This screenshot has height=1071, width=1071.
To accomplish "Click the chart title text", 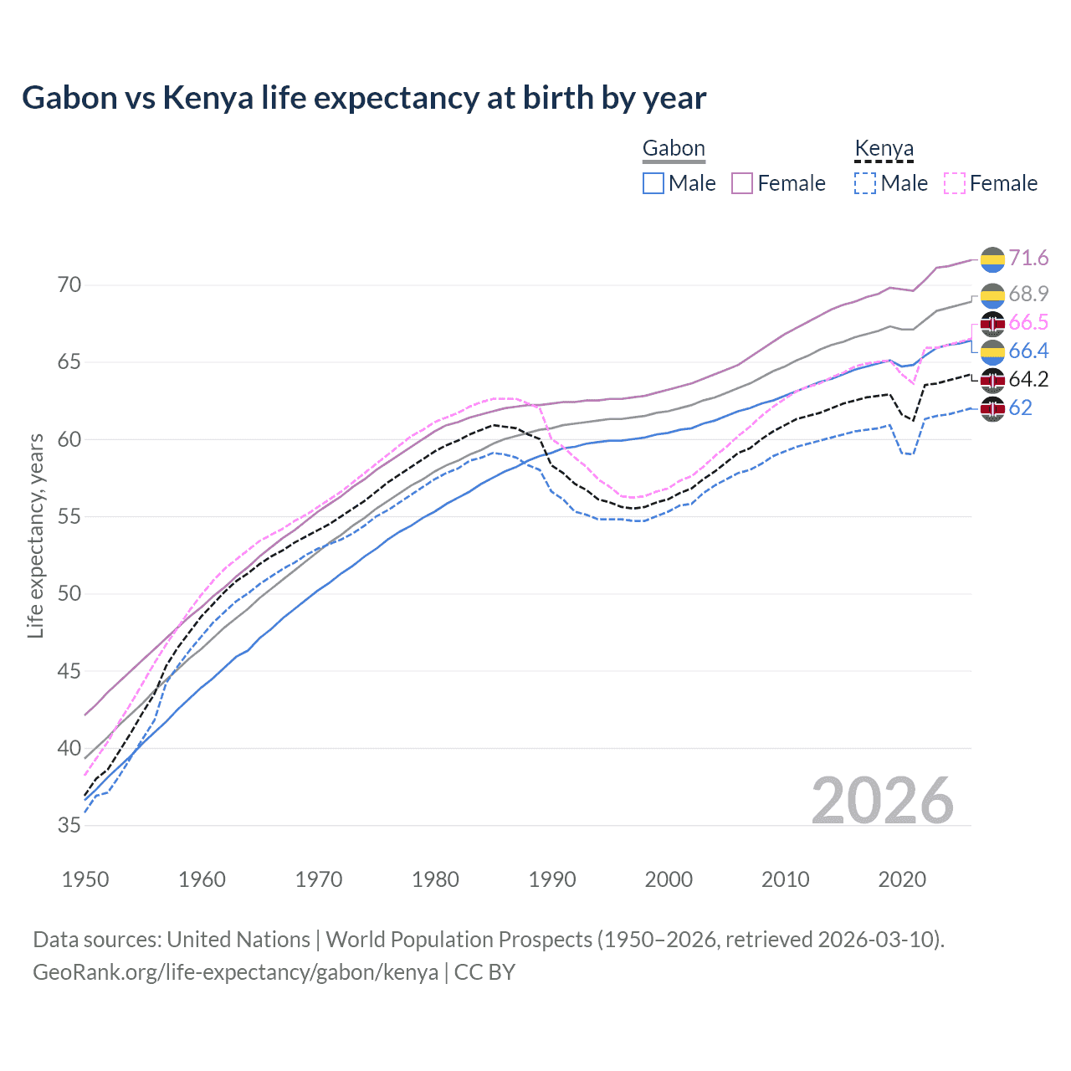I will click(x=364, y=98).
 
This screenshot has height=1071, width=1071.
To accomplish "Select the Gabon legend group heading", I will click(x=674, y=149).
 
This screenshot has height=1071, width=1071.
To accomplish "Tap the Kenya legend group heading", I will click(x=884, y=149).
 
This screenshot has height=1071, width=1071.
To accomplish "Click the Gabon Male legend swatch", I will click(x=653, y=183).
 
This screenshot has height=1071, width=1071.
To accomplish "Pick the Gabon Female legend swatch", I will click(x=742, y=183).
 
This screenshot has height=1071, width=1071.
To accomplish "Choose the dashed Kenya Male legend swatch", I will click(x=865, y=183).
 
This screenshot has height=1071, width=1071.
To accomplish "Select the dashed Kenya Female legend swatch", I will click(x=954, y=183).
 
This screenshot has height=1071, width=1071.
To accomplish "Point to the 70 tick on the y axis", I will click(x=69, y=285).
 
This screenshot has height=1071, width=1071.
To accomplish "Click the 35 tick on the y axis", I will click(x=69, y=826).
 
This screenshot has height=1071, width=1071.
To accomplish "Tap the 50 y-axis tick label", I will click(x=69, y=594).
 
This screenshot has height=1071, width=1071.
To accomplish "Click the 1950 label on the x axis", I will click(x=85, y=879).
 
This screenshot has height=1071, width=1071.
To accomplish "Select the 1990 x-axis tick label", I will click(x=552, y=879).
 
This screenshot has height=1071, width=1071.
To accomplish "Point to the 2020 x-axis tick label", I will click(x=902, y=879).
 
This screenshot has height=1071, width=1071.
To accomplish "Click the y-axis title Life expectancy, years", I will click(x=35, y=535).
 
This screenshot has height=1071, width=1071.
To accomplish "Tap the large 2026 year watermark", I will click(x=882, y=801).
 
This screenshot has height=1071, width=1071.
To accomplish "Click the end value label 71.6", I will click(x=1028, y=259).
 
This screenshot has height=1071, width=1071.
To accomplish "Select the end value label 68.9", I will click(x=1028, y=294).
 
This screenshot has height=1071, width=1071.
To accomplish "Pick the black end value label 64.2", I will click(x=1028, y=380).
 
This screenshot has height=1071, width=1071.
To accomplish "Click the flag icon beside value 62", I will click(x=992, y=409).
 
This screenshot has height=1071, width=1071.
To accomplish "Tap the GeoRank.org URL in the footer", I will click(x=235, y=972).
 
